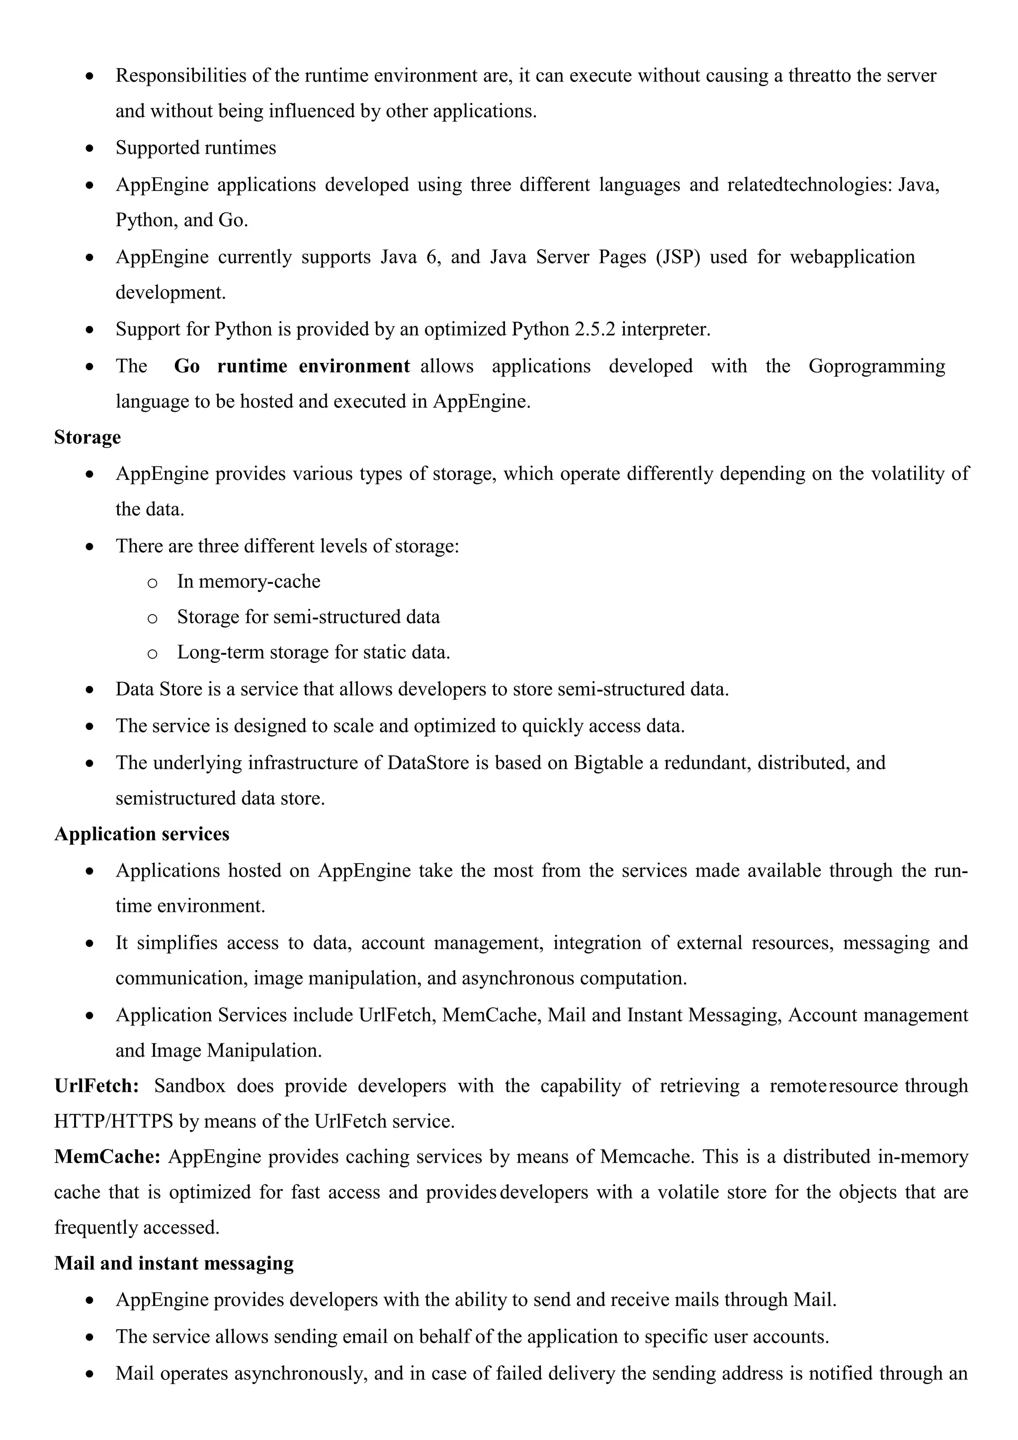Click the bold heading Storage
click(87, 437)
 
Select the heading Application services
click(142, 833)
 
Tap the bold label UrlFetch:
click(96, 1085)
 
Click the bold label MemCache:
click(107, 1157)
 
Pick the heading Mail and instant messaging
click(173, 1263)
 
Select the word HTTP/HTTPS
click(113, 1121)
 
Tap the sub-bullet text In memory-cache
click(248, 581)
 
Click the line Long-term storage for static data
click(314, 652)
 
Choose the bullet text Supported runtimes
click(195, 148)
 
